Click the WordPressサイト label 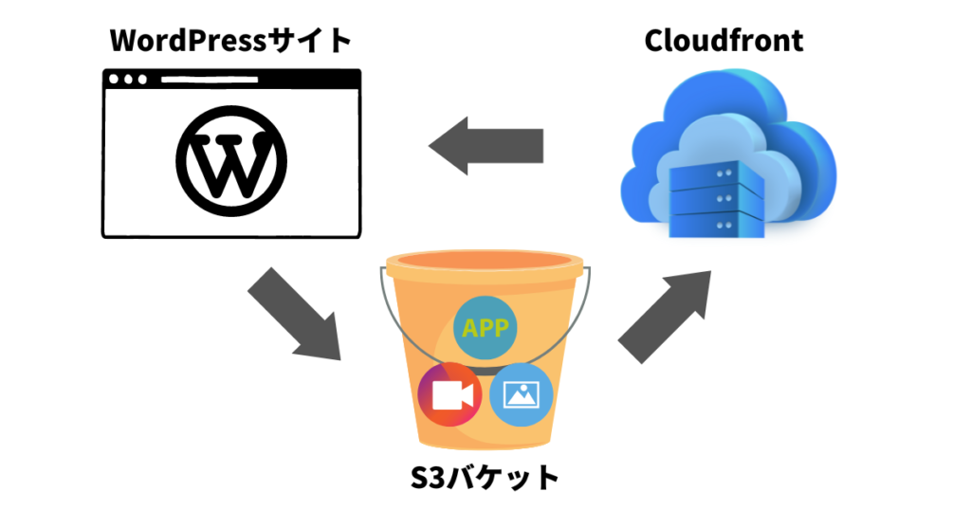click(230, 41)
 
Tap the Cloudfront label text click(724, 41)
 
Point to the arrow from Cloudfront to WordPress click(485, 146)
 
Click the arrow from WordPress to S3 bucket click(296, 314)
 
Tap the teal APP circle click(485, 328)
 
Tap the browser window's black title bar click(230, 79)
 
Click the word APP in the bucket click(485, 329)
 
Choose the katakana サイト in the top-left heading click(318, 41)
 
